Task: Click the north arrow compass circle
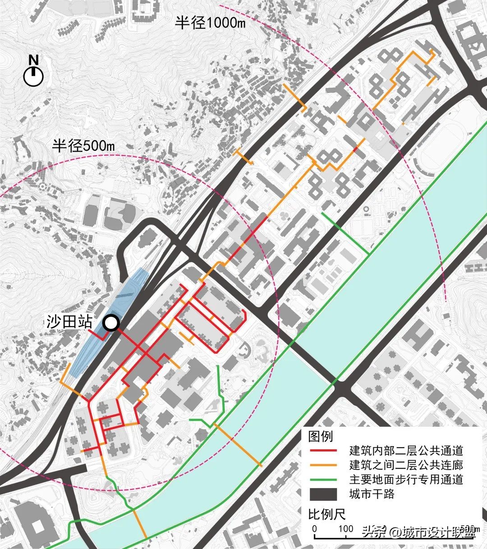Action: (33, 77)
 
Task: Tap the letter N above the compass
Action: (33, 60)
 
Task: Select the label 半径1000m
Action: (210, 23)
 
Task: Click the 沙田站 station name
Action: (70, 322)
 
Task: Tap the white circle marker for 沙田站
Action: (110, 323)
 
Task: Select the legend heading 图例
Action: (320, 436)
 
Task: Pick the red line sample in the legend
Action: (323, 451)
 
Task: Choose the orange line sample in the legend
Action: (323, 465)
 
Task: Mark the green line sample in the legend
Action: (323, 480)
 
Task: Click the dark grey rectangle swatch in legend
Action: (323, 494)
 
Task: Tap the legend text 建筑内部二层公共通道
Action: (406, 451)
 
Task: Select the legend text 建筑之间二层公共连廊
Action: (406, 465)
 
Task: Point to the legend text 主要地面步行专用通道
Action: (406, 480)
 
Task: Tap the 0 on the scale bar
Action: (314, 529)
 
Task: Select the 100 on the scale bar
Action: (346, 529)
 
